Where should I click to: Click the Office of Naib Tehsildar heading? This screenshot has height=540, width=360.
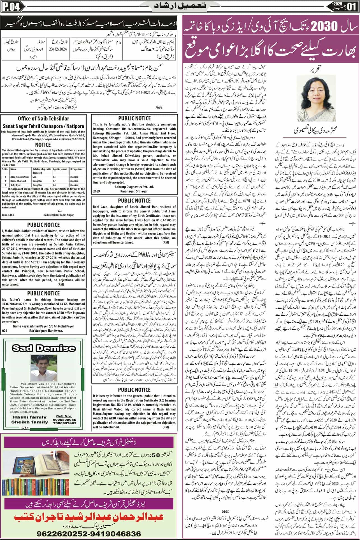[x=44, y=119]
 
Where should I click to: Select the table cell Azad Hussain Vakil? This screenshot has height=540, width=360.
[x=18, y=177]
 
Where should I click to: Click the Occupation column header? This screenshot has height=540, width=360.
[x=76, y=169]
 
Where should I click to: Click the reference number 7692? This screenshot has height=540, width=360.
[x=159, y=107]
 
